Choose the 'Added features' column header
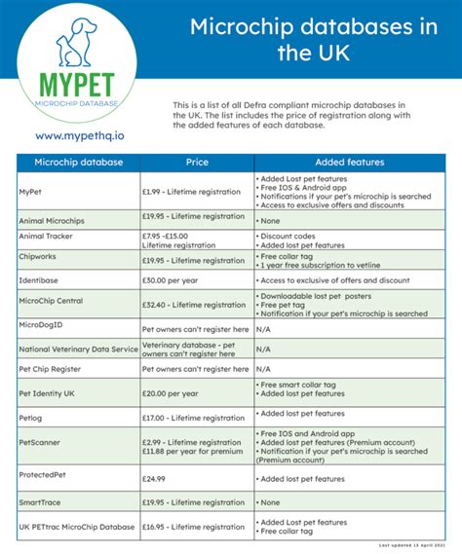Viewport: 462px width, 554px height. (x=349, y=162)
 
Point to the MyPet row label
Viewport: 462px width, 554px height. (x=30, y=192)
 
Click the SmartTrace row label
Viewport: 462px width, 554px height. (x=42, y=502)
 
